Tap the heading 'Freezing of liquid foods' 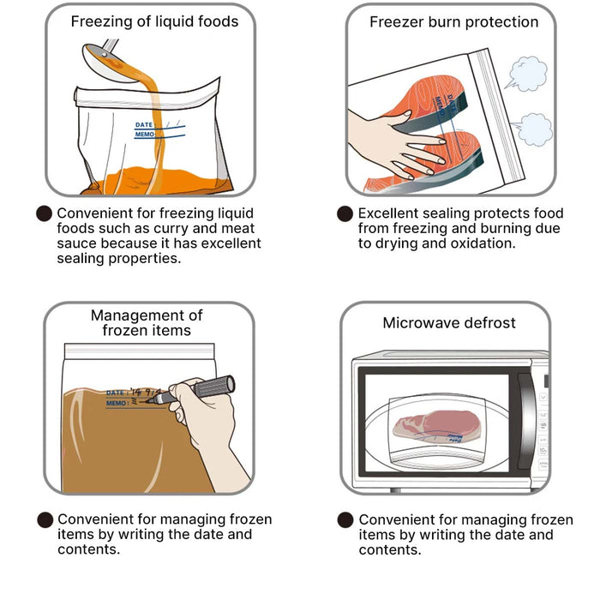pos(154,21)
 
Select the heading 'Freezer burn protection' pos(453,21)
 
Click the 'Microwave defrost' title pos(449,323)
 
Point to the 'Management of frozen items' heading pos(147,322)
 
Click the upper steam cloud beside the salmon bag pos(526,74)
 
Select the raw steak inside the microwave pos(436,425)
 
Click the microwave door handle pos(526,421)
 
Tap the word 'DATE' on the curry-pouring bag pos(144,125)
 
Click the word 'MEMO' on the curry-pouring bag pos(145,135)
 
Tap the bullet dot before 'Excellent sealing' pos(345,213)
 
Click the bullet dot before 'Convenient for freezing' pos(44,213)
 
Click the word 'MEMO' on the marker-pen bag pos(116,403)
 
